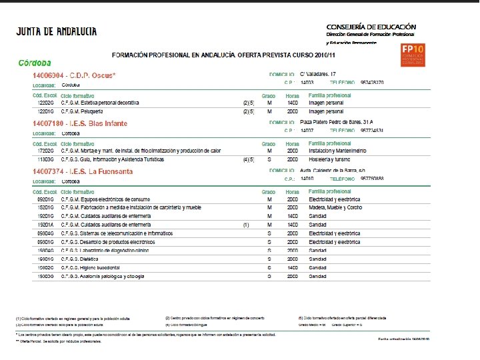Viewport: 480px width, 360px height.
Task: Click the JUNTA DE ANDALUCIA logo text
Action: (57, 31)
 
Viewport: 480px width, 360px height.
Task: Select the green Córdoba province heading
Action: (35, 63)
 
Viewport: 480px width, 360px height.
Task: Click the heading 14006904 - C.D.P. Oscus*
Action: (74, 75)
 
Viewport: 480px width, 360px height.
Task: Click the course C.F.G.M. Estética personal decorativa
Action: (99, 103)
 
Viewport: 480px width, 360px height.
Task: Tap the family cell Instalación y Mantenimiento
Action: (337, 151)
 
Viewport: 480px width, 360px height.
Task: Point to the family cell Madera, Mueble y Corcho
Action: (335, 207)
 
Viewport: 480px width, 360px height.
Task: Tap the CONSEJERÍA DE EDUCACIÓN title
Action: (371, 25)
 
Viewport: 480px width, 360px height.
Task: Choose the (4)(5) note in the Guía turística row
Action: (248, 160)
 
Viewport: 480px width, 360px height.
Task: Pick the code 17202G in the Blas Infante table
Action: (45, 151)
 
